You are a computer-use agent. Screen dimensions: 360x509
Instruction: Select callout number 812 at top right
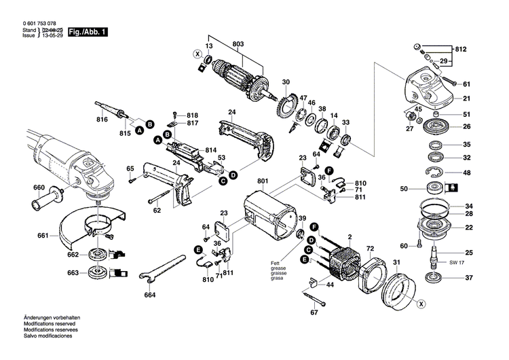pos(461,50)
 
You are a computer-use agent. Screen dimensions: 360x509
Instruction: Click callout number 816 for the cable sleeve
pos(102,119)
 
